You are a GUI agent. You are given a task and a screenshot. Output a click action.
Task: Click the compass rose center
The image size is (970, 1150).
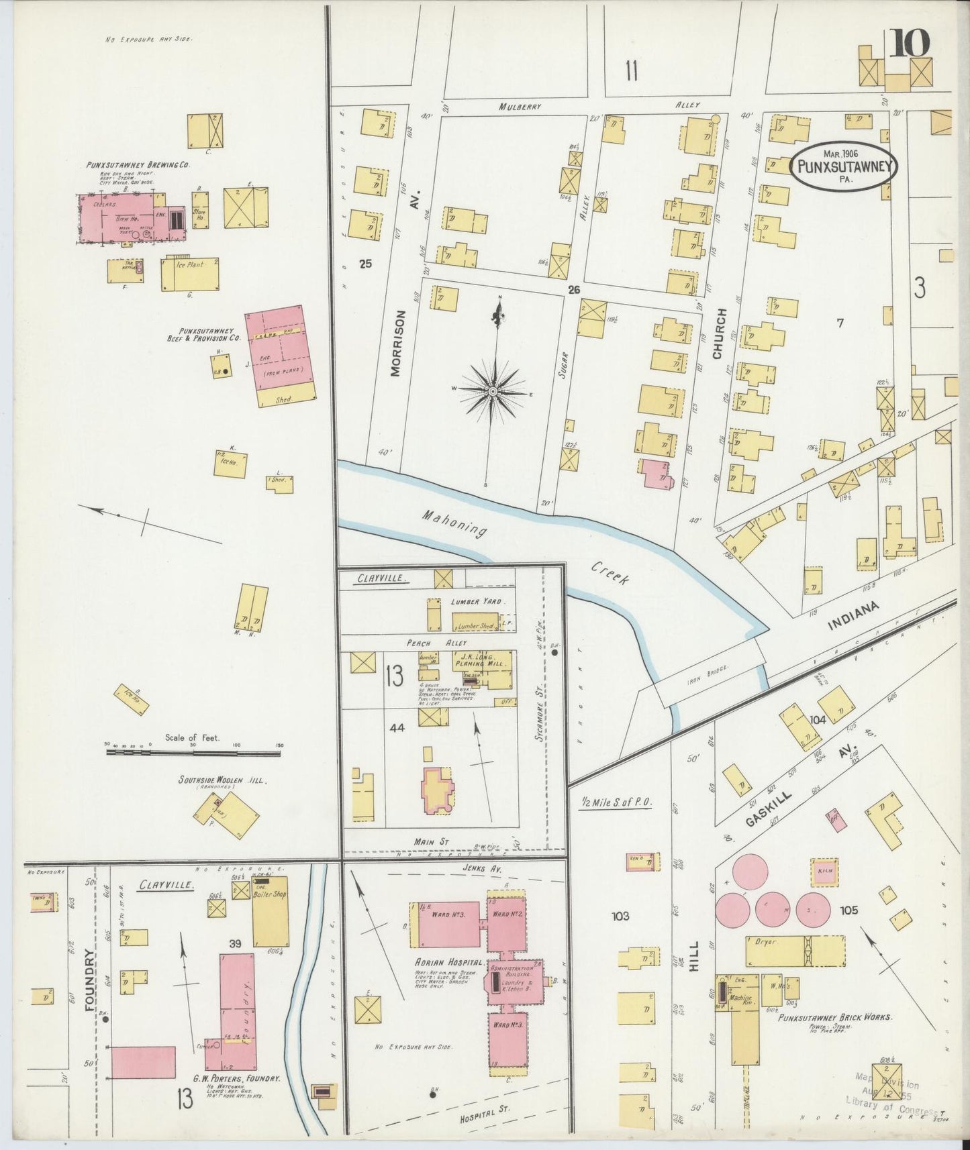click(493, 390)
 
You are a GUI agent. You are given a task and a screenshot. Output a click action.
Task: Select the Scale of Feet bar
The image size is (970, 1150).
click(193, 753)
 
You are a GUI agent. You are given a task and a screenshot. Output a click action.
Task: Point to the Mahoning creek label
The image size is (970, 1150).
click(454, 524)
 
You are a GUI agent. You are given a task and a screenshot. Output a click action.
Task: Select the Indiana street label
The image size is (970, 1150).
click(853, 616)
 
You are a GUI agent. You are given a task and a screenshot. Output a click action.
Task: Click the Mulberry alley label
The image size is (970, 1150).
click(520, 106)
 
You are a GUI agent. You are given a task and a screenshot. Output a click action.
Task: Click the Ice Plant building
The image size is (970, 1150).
click(190, 274)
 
